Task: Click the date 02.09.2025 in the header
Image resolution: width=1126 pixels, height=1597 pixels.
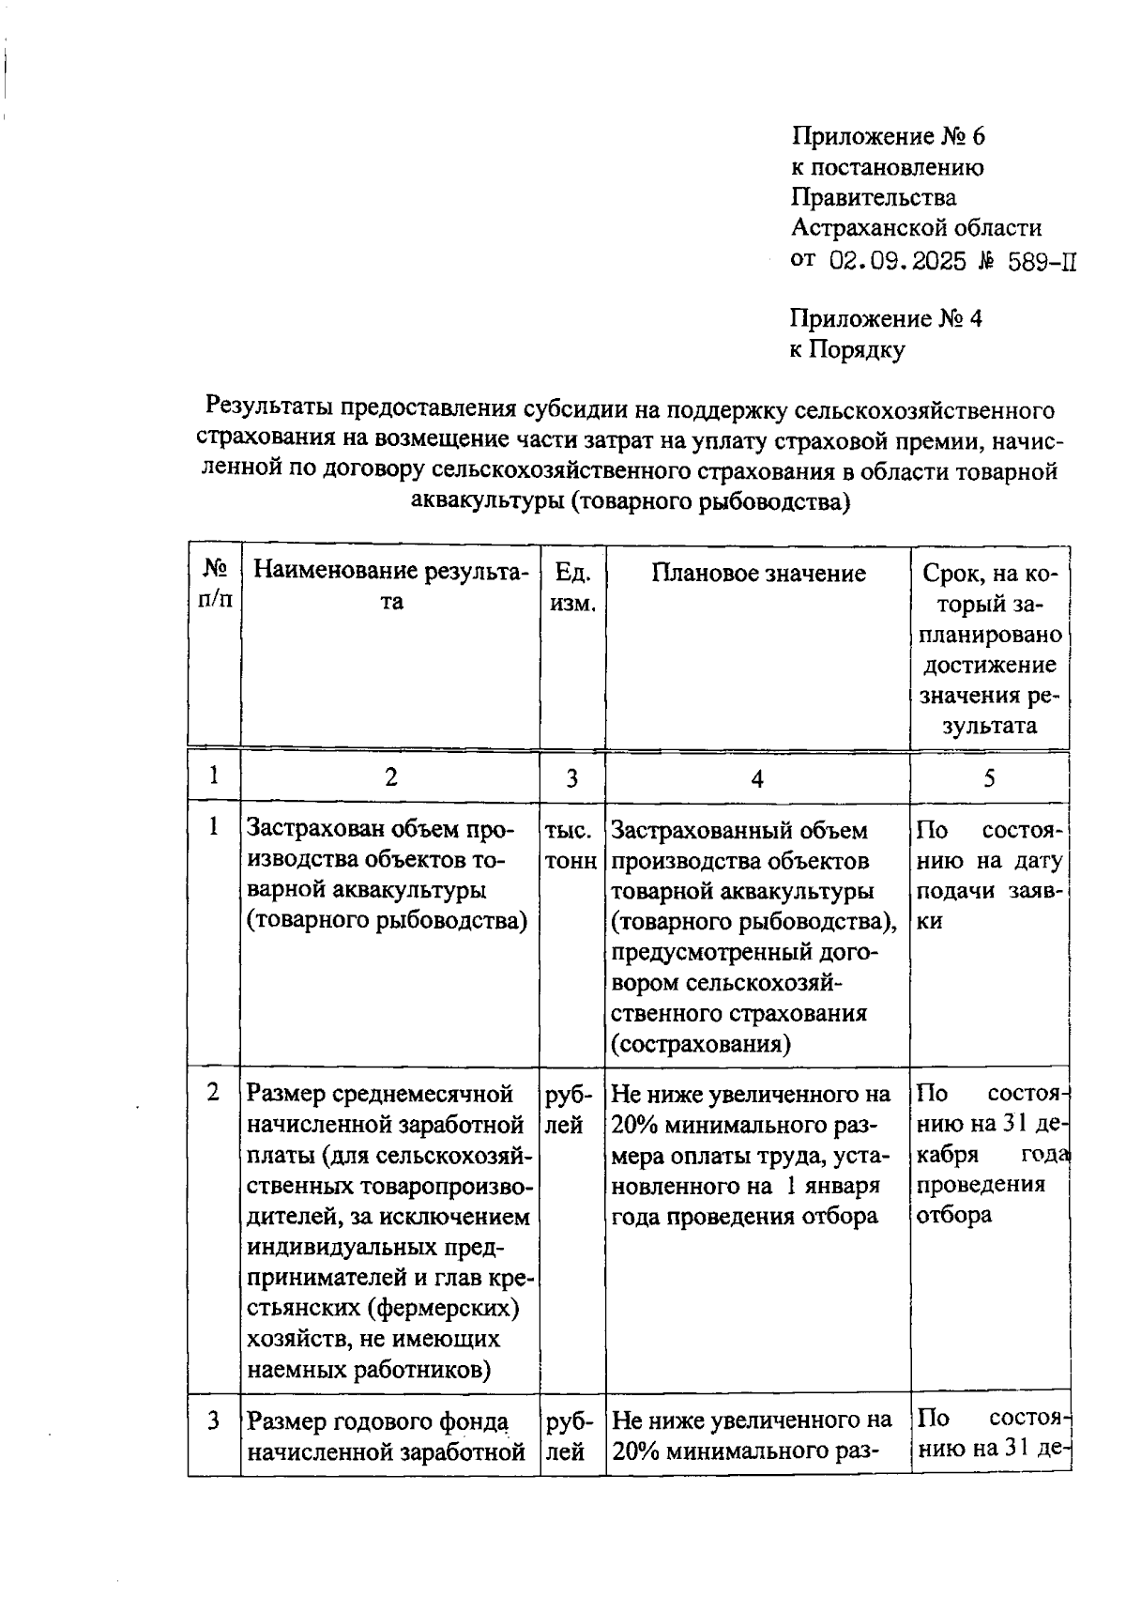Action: [898, 261]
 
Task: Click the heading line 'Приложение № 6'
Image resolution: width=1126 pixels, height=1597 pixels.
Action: [888, 137]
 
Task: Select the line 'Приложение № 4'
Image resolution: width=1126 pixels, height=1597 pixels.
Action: [886, 319]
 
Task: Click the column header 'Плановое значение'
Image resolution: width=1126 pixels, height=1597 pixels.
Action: [758, 574]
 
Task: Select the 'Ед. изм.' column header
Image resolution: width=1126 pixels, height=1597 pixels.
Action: [572, 588]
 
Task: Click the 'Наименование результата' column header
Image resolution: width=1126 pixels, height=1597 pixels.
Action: [391, 587]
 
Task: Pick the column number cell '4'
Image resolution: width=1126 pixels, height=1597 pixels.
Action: [757, 778]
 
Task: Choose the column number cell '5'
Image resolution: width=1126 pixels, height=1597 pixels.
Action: [990, 778]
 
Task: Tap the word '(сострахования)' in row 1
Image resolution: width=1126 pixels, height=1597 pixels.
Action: [700, 1044]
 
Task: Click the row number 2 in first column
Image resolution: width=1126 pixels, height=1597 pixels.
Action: [214, 1093]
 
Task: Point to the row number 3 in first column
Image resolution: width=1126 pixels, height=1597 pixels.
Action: [214, 1420]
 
